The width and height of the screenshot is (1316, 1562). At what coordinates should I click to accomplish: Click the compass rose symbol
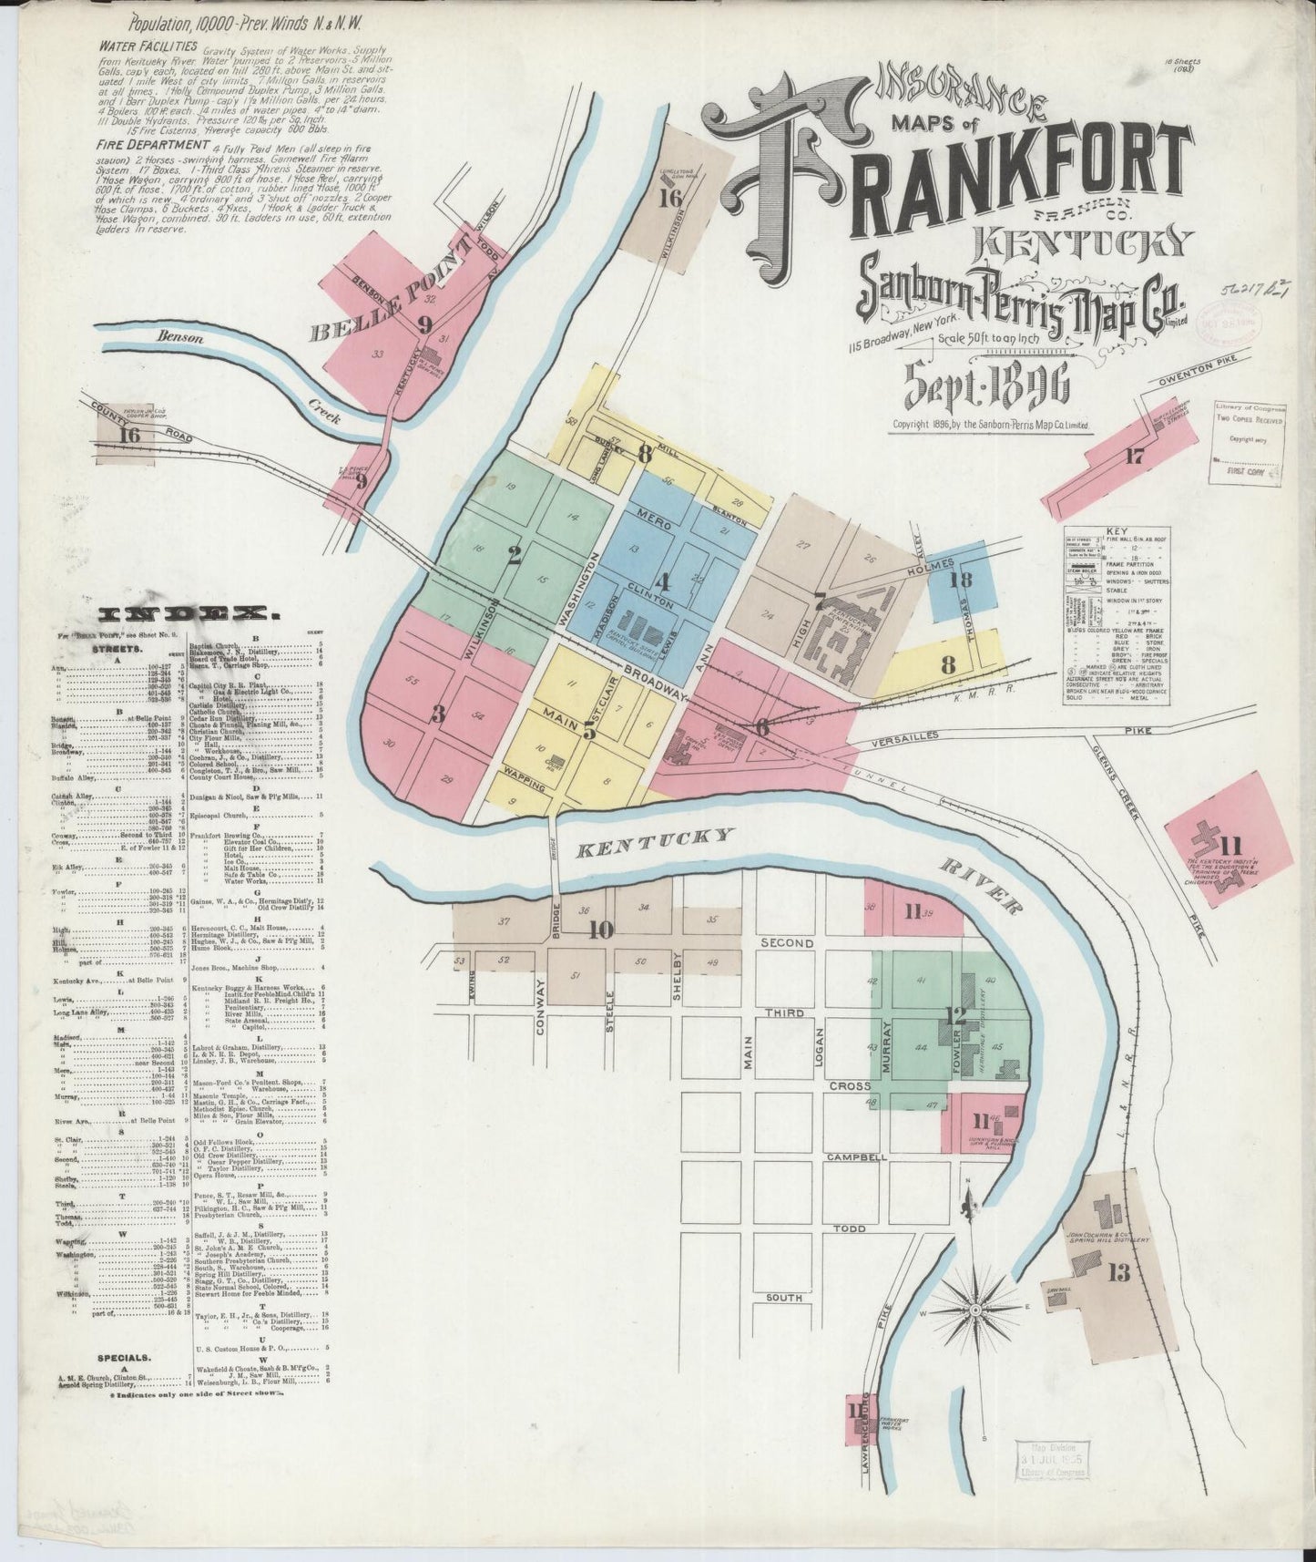976,1310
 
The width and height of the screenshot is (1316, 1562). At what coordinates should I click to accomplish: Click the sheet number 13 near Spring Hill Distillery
1118,1273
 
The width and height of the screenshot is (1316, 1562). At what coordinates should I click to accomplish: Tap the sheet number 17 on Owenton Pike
1133,457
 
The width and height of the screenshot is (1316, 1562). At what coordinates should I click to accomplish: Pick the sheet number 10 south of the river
600,930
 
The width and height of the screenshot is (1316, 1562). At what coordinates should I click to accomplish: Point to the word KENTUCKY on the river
655,843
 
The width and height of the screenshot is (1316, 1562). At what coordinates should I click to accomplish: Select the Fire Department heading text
150,145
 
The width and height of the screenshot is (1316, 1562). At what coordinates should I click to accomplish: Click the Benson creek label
175,336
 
